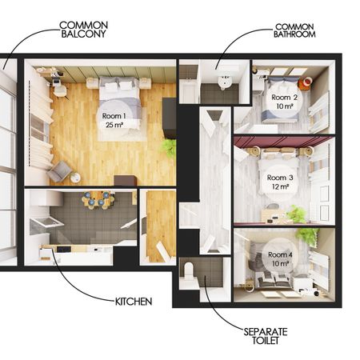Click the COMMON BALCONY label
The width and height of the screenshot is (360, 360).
point(83,30)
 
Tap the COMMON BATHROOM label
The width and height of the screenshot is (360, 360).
point(294,30)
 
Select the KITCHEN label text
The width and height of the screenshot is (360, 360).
point(134,302)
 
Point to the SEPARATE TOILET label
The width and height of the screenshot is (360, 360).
point(266,336)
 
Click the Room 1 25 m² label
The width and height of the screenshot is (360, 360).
point(114,120)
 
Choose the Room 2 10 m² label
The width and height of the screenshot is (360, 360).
point(285,102)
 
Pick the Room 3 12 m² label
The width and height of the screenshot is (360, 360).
point(280,182)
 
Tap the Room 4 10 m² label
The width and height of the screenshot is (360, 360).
point(280,259)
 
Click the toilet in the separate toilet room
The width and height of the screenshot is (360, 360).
point(189,270)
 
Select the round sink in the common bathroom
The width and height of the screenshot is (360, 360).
point(224,82)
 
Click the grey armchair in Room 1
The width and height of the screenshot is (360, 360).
point(59,170)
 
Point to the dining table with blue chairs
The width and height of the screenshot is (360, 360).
point(98,200)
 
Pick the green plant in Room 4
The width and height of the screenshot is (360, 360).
point(308,234)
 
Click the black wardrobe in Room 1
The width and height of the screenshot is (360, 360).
point(169,118)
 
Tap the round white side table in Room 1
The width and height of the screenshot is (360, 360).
point(76,178)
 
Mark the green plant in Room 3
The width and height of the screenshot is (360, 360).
point(297,214)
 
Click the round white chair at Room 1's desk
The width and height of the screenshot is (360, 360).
point(60,91)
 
